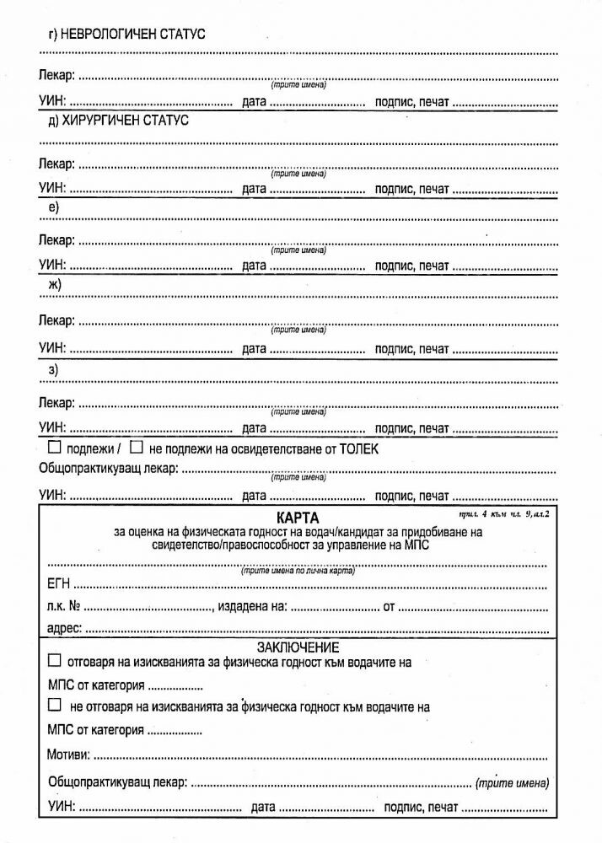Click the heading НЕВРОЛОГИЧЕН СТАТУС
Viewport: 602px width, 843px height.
pyautogui.click(x=133, y=34)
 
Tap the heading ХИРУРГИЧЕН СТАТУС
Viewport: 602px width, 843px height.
pyautogui.click(x=125, y=121)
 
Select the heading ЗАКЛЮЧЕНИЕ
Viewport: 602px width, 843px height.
pyautogui.click(x=298, y=647)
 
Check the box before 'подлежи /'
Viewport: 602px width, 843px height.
pyautogui.click(x=55, y=448)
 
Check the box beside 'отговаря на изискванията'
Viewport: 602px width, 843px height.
pyautogui.click(x=56, y=662)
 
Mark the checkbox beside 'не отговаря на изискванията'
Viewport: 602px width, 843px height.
pyautogui.click(x=56, y=706)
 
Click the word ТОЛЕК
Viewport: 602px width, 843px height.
pyautogui.click(x=358, y=449)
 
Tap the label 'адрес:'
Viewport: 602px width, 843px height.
pyautogui.click(x=61, y=628)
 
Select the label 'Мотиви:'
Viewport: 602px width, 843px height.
pyautogui.click(x=68, y=753)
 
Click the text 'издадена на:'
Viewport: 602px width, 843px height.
pyautogui.click(x=254, y=606)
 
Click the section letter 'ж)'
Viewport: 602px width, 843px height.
pyautogui.click(x=55, y=285)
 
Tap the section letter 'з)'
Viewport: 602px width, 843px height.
pyautogui.click(x=53, y=368)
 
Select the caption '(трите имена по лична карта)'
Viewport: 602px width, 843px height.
pyautogui.click(x=298, y=571)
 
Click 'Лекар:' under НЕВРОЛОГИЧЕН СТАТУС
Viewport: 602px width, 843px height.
pyautogui.click(x=56, y=76)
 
